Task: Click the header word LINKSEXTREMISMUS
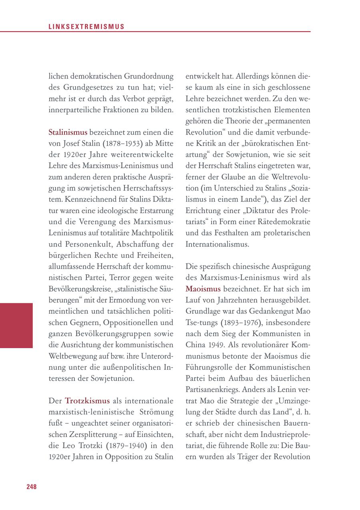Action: (86, 27)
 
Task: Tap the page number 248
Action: (32, 486)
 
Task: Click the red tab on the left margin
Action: (16, 325)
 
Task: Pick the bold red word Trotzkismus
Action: (87, 400)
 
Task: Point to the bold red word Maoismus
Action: (203, 288)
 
